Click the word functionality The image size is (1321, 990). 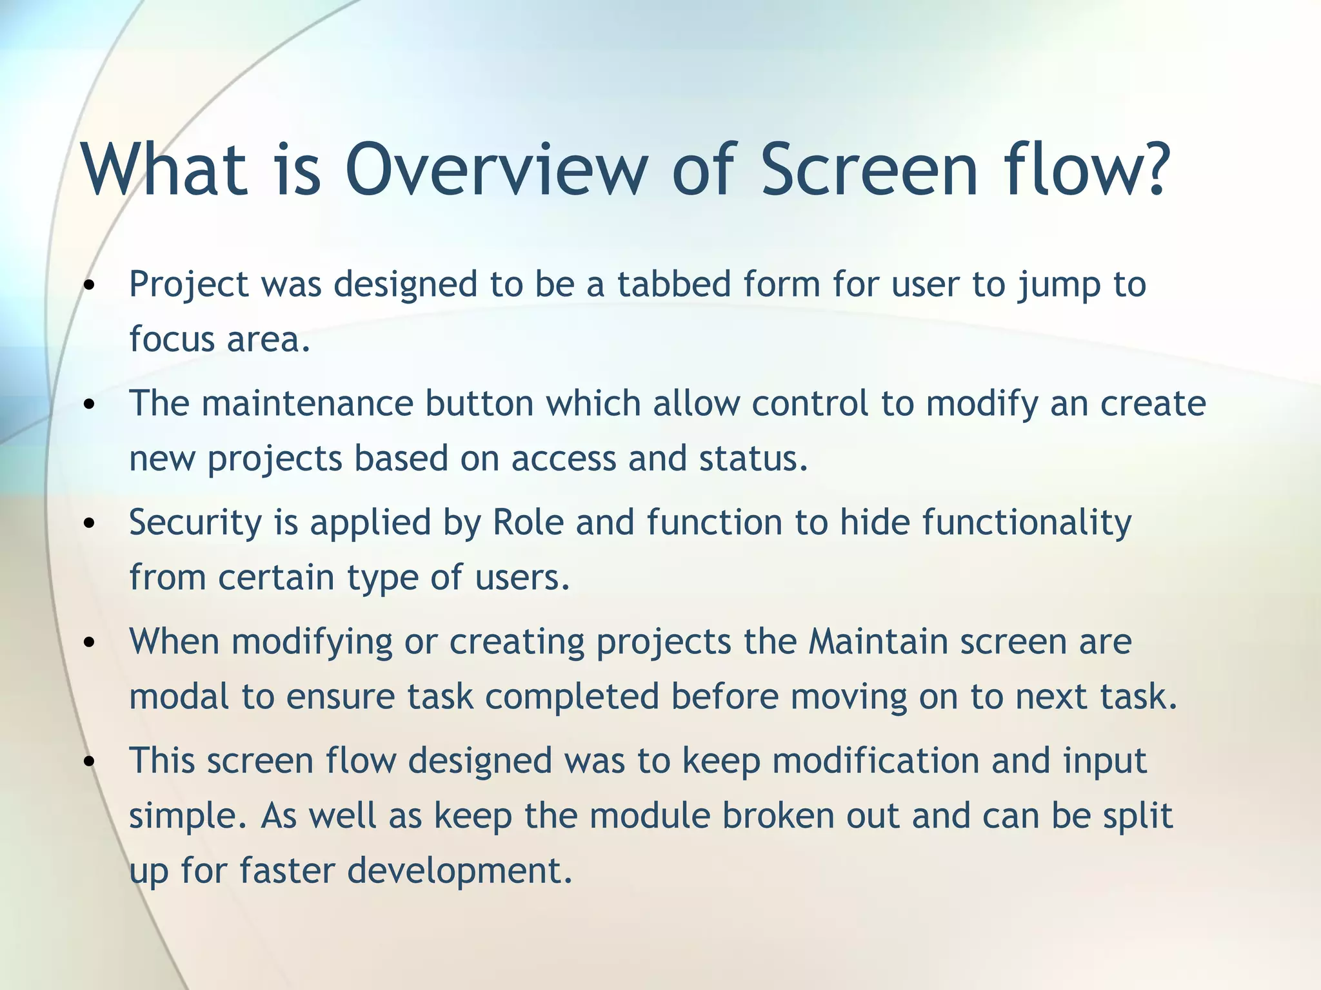click(1027, 523)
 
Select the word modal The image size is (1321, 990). click(179, 697)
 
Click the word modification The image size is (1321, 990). click(875, 761)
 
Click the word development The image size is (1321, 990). click(460, 871)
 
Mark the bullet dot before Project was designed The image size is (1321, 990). click(90, 285)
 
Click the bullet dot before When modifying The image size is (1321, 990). click(90, 643)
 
